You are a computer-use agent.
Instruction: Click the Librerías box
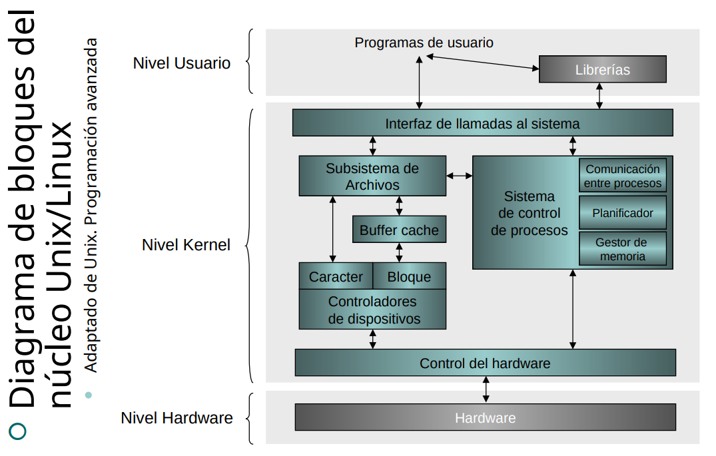(x=602, y=69)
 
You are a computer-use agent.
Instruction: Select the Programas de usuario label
(x=424, y=43)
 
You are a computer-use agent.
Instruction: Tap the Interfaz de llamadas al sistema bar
(x=482, y=123)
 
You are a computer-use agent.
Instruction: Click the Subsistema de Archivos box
(x=372, y=176)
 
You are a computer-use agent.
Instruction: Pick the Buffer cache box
(x=399, y=230)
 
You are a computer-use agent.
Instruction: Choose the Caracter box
(x=336, y=276)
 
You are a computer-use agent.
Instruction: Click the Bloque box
(x=409, y=276)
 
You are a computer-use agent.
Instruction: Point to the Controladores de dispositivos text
(x=372, y=310)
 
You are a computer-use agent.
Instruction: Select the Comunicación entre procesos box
(x=623, y=176)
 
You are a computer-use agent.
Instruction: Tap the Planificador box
(x=623, y=214)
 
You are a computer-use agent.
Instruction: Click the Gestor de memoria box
(x=623, y=249)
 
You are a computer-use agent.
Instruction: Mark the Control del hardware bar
(x=485, y=363)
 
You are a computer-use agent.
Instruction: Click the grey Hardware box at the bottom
(x=485, y=418)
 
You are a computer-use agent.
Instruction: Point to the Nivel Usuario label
(x=182, y=63)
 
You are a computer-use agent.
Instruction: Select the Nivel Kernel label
(x=186, y=245)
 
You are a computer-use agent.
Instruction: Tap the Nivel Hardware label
(x=177, y=418)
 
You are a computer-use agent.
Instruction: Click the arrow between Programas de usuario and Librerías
(x=482, y=63)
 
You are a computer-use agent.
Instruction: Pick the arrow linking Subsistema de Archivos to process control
(x=459, y=176)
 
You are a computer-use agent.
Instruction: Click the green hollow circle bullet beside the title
(x=19, y=431)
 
